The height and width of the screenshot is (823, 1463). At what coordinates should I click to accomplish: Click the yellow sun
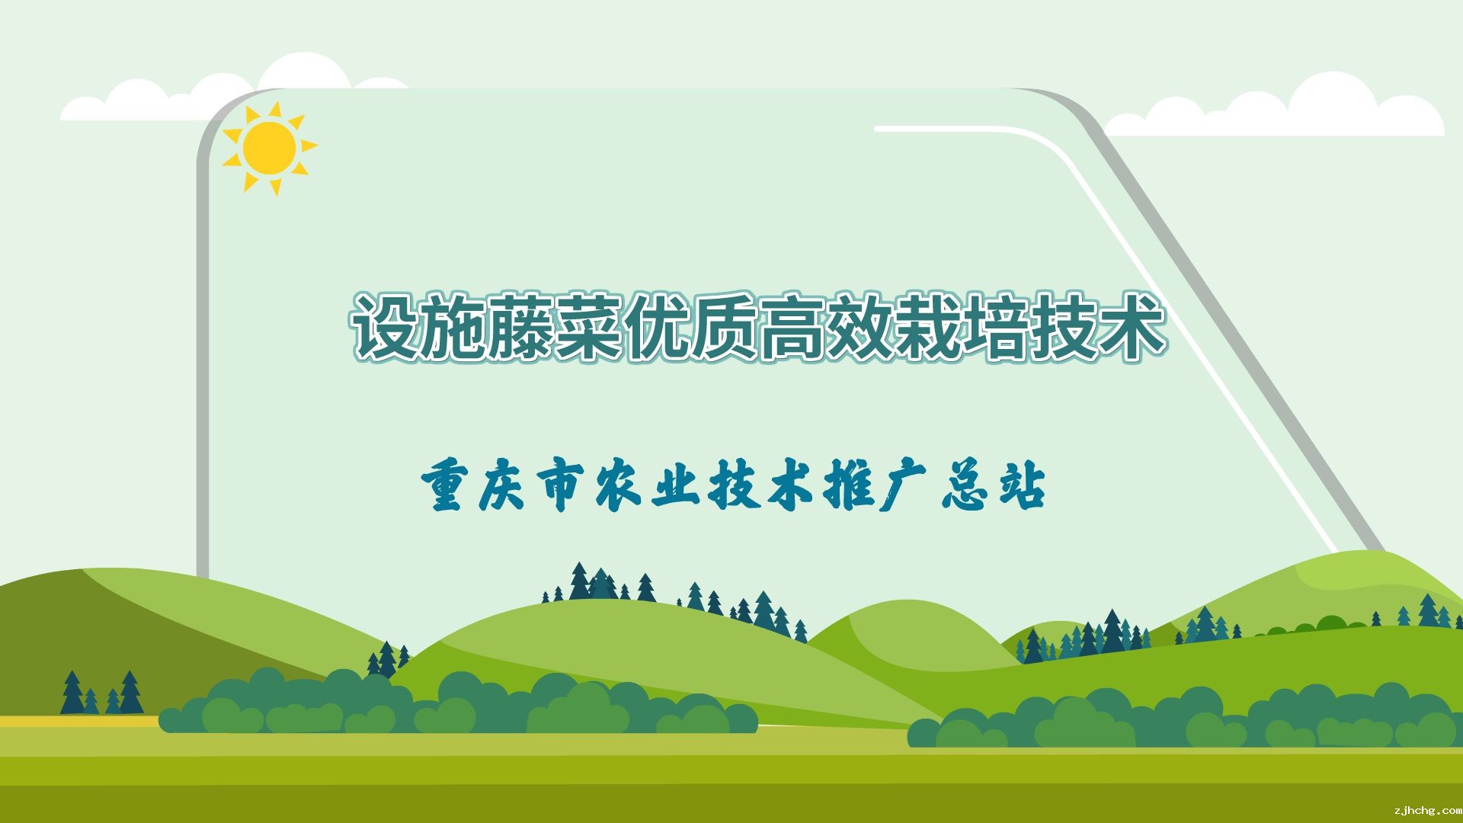coord(269,148)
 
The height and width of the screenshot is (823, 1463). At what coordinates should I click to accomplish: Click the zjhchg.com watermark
coord(1426,811)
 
